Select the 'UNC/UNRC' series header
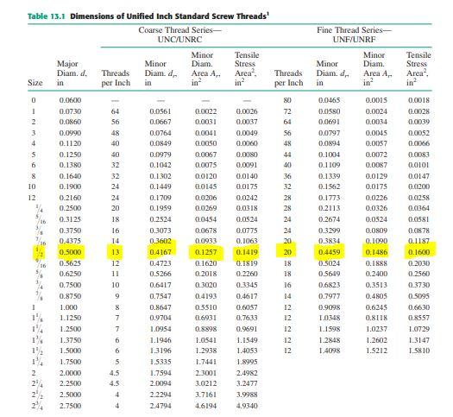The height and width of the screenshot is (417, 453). [x=180, y=40]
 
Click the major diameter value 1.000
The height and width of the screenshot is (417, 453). [x=67, y=283]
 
